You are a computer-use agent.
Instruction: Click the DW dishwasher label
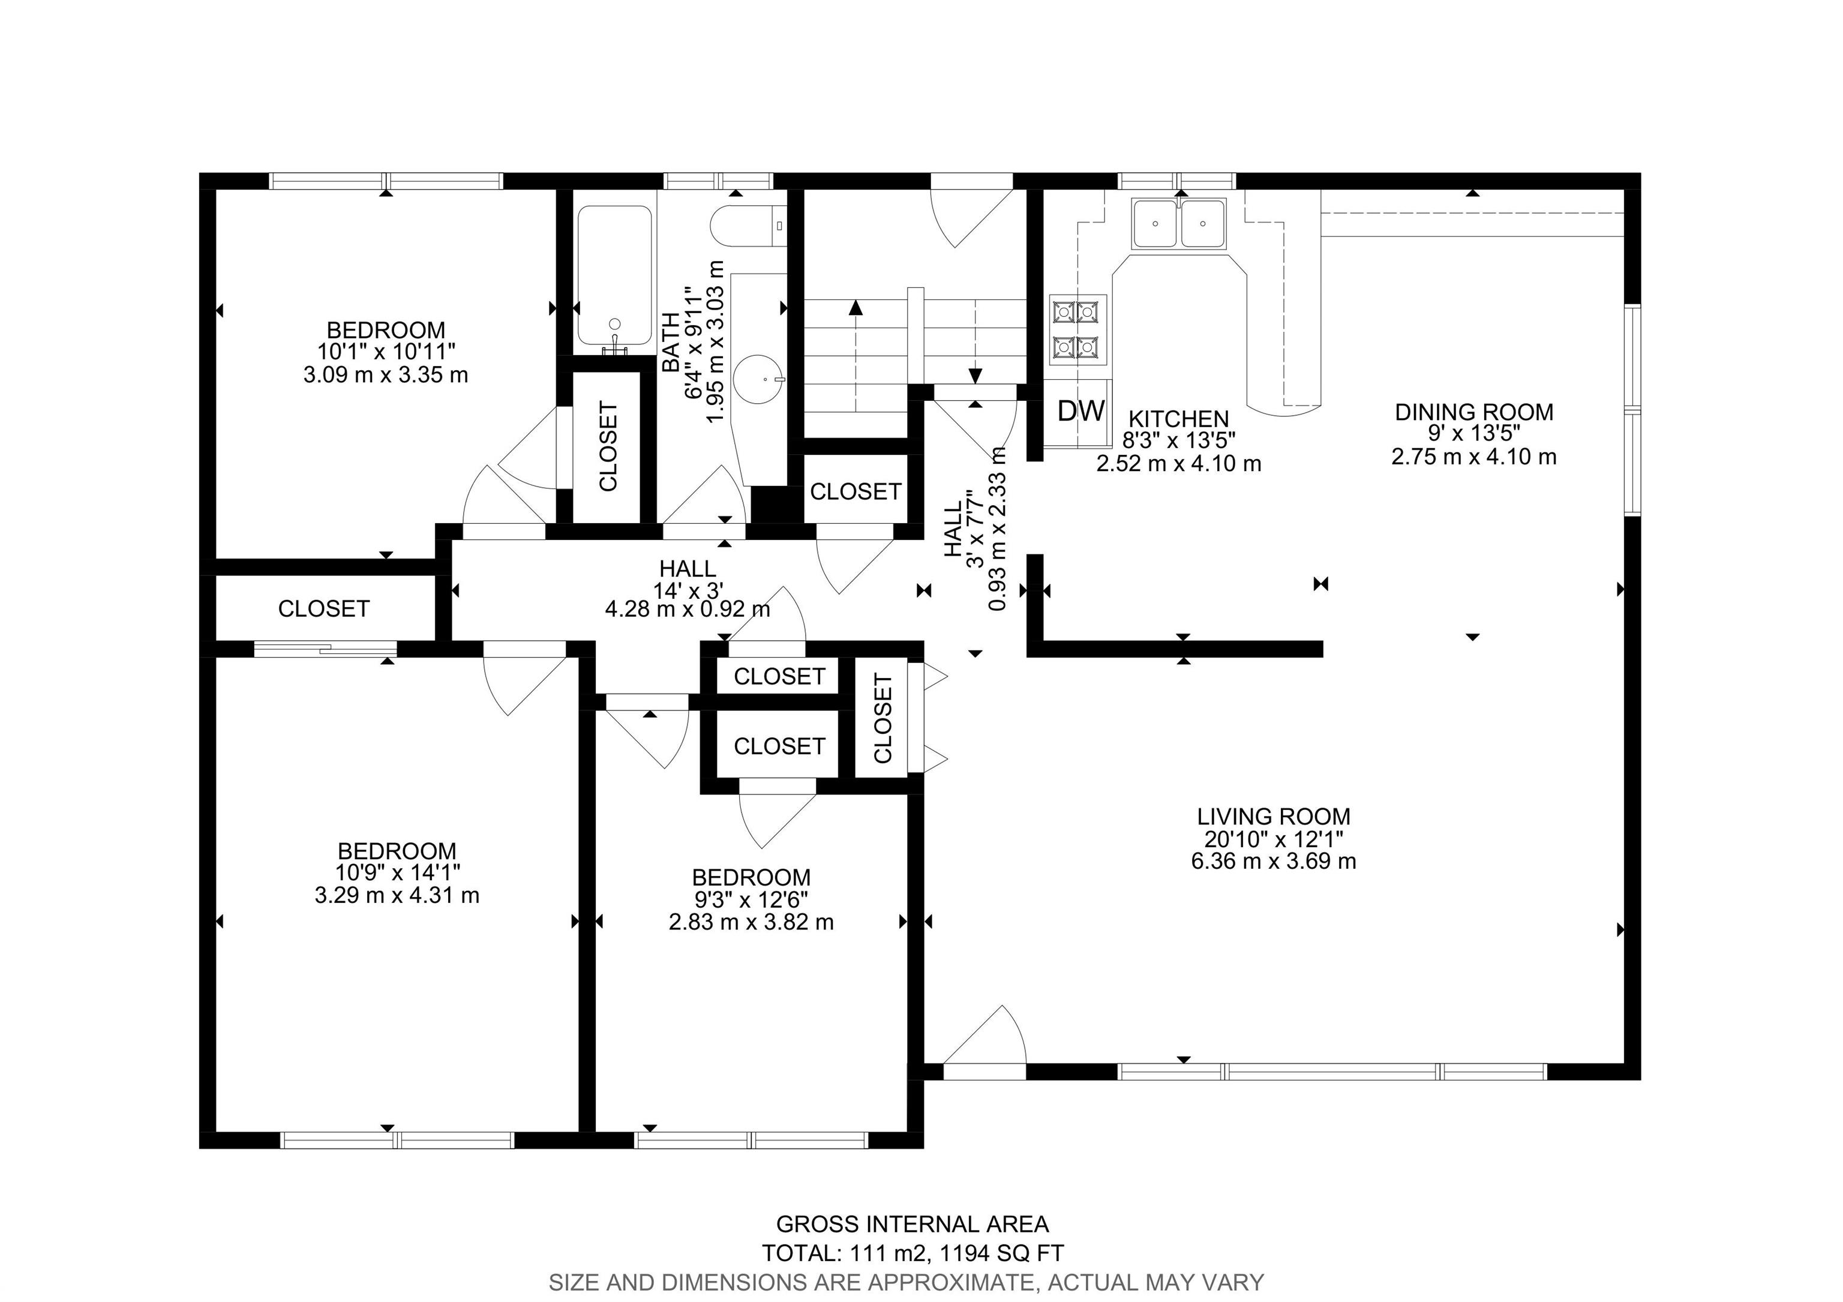click(x=1081, y=411)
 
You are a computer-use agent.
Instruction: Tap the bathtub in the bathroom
click(x=615, y=280)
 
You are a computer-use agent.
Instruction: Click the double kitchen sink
click(x=1179, y=223)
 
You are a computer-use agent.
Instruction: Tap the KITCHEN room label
click(x=1178, y=418)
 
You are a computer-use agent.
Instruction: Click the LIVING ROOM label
click(x=1274, y=817)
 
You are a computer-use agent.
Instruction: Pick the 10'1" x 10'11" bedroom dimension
click(x=386, y=352)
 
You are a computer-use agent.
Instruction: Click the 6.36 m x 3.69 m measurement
click(x=1274, y=862)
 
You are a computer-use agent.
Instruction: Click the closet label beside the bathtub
click(x=608, y=446)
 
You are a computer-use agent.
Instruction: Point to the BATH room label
click(x=670, y=342)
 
